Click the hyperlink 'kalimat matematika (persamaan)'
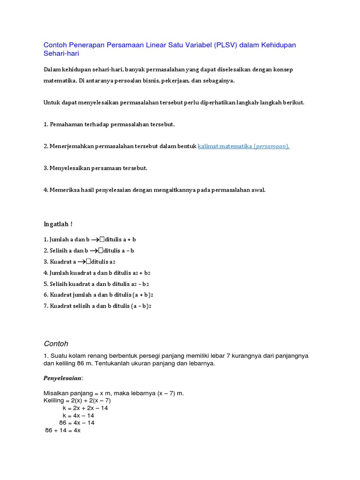click(244, 146)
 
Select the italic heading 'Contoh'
click(56, 343)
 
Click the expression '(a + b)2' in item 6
click(143, 295)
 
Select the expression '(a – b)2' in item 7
click(142, 306)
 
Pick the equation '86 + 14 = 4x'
click(63, 430)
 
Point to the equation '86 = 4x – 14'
click(76, 423)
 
